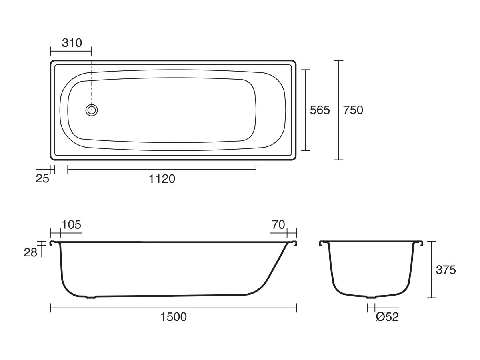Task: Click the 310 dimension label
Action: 72,42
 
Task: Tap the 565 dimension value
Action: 320,110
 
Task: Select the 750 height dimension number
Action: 353,110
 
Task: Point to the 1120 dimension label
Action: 162,179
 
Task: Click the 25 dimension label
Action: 42,179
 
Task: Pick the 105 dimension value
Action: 72,225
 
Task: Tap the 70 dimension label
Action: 278,225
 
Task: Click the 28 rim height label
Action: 30,252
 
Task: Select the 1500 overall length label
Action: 173,317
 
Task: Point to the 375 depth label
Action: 446,270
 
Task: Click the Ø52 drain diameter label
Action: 387,317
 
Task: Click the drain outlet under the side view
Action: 92,297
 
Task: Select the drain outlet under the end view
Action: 371,297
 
